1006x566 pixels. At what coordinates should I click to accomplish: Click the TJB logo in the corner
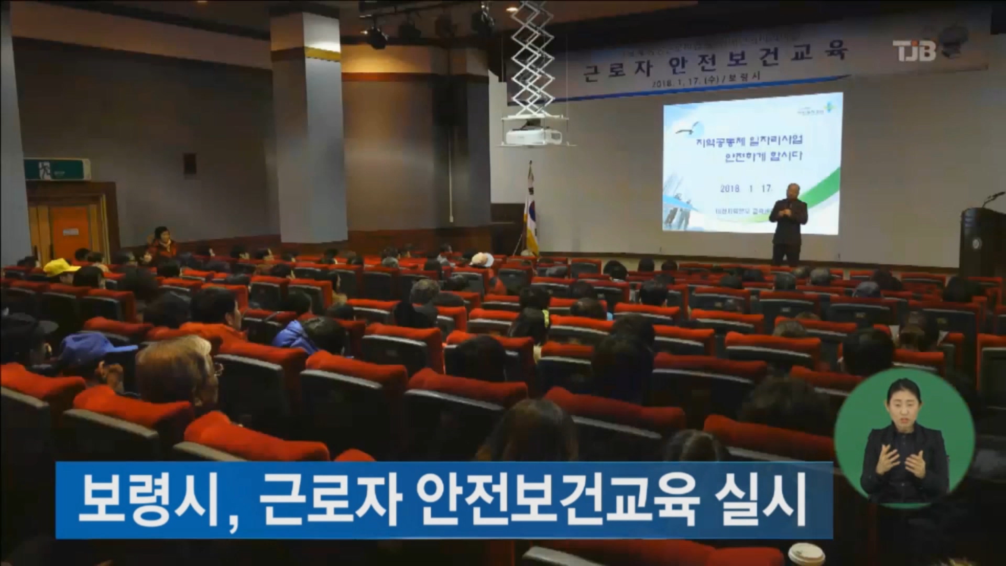[x=914, y=50]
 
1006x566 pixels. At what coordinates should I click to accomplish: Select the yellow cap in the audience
[x=60, y=267]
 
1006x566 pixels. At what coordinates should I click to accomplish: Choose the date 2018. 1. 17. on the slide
[x=746, y=188]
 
